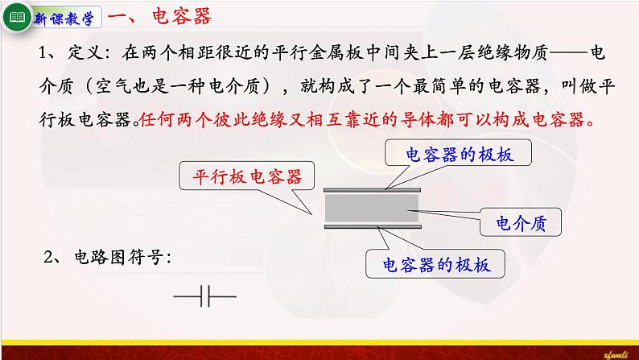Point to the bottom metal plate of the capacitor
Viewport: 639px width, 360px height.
pyautogui.click(x=371, y=227)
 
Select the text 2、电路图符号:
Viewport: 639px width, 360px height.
pyautogui.click(x=107, y=258)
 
